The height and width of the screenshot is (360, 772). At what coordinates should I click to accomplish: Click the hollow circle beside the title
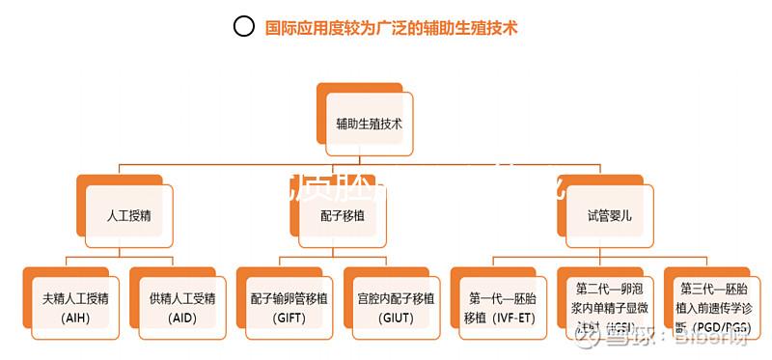coord(244,27)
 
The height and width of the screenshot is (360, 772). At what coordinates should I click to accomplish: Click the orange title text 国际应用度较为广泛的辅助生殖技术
coord(391,28)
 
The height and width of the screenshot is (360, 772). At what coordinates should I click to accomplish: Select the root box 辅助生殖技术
coord(369,124)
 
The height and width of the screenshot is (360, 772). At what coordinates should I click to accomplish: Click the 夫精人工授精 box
coord(74,306)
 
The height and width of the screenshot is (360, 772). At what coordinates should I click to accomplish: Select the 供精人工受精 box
coord(182,306)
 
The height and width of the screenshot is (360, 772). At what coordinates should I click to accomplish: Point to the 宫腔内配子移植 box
coord(396,306)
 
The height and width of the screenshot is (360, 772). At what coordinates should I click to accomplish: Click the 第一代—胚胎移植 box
coord(502,306)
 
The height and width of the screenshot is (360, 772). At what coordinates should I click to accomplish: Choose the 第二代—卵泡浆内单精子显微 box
coord(609,306)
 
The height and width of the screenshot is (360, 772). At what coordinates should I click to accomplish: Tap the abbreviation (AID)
coord(182,318)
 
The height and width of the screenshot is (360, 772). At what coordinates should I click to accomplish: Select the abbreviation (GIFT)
coord(289,318)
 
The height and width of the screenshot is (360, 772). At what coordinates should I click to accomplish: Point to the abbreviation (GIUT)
coord(396,318)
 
